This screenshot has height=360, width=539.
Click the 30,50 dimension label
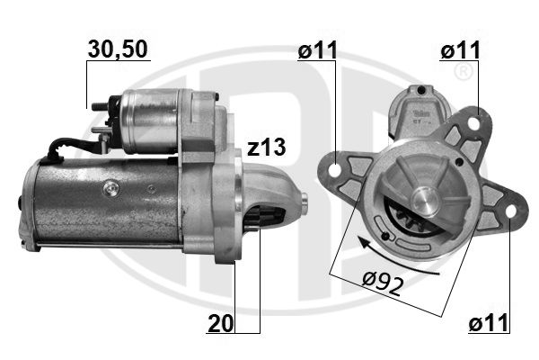118,49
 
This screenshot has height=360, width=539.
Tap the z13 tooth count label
267,147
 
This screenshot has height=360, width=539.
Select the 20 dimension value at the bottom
221,323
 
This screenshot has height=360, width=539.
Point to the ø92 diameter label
383,283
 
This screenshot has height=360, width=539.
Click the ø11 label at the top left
318,50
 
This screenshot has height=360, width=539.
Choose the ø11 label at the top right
460,50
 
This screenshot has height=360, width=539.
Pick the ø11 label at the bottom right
488,323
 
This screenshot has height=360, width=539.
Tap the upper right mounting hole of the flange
474,123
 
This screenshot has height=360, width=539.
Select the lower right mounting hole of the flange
511,211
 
